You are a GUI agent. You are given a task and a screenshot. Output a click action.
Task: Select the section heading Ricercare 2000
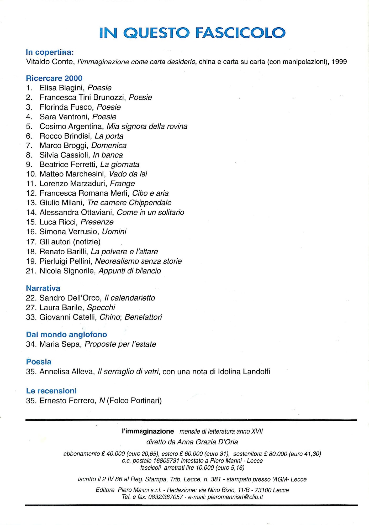pyautogui.click(x=54, y=78)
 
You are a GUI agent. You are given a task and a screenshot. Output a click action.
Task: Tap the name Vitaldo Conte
pyautogui.click(x=50, y=62)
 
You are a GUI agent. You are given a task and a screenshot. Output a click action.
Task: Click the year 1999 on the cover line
pyautogui.click(x=339, y=62)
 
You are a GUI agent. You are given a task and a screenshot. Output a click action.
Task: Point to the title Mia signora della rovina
pyautogui.click(x=147, y=126)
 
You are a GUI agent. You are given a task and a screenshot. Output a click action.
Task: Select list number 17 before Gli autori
pyautogui.click(x=31, y=241)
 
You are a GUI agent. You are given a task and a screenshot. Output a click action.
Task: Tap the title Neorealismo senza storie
pyautogui.click(x=138, y=261)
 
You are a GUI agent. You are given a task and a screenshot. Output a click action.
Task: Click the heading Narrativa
pyautogui.click(x=43, y=288)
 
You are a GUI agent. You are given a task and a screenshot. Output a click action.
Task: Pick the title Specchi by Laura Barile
pyautogui.click(x=101, y=307)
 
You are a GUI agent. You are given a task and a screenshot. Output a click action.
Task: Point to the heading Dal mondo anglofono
pyautogui.click(x=66, y=334)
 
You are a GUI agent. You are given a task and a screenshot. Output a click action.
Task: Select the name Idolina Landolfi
pyautogui.click(x=244, y=371)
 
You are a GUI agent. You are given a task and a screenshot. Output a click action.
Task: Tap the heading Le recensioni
pyautogui.click(x=51, y=391)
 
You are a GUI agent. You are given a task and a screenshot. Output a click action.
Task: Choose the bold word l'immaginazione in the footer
pyautogui.click(x=148, y=431)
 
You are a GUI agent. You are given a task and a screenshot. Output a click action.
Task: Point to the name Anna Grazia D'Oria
pyautogui.click(x=208, y=442)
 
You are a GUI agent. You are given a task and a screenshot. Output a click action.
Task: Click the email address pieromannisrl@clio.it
pyautogui.click(x=235, y=497)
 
